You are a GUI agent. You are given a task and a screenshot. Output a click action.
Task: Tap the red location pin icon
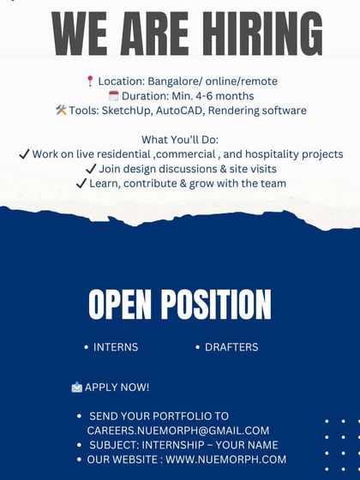pyautogui.click(x=90, y=81)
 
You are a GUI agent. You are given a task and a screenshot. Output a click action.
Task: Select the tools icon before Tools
pyautogui.click(x=61, y=111)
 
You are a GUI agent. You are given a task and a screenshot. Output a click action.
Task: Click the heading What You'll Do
pyautogui.click(x=180, y=140)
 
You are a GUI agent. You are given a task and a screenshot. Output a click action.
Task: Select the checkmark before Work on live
pyautogui.click(x=24, y=154)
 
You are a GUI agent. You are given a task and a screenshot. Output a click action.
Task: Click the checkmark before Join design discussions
pyautogui.click(x=91, y=169)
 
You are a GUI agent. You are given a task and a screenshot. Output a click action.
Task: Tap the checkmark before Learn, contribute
pyautogui.click(x=81, y=183)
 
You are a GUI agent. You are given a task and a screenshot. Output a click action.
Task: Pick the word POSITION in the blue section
pyautogui.click(x=215, y=304)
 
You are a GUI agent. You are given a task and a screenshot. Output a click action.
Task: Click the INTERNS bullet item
pyautogui.click(x=116, y=347)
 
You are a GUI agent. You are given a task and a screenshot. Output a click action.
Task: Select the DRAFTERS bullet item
pyautogui.click(x=231, y=347)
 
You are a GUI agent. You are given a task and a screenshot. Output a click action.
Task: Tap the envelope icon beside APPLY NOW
pyautogui.click(x=77, y=387)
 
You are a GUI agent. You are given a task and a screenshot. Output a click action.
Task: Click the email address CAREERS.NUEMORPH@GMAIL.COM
pyautogui.click(x=178, y=430)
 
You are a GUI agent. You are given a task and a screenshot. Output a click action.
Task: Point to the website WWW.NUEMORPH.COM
pyautogui.click(x=226, y=459)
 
